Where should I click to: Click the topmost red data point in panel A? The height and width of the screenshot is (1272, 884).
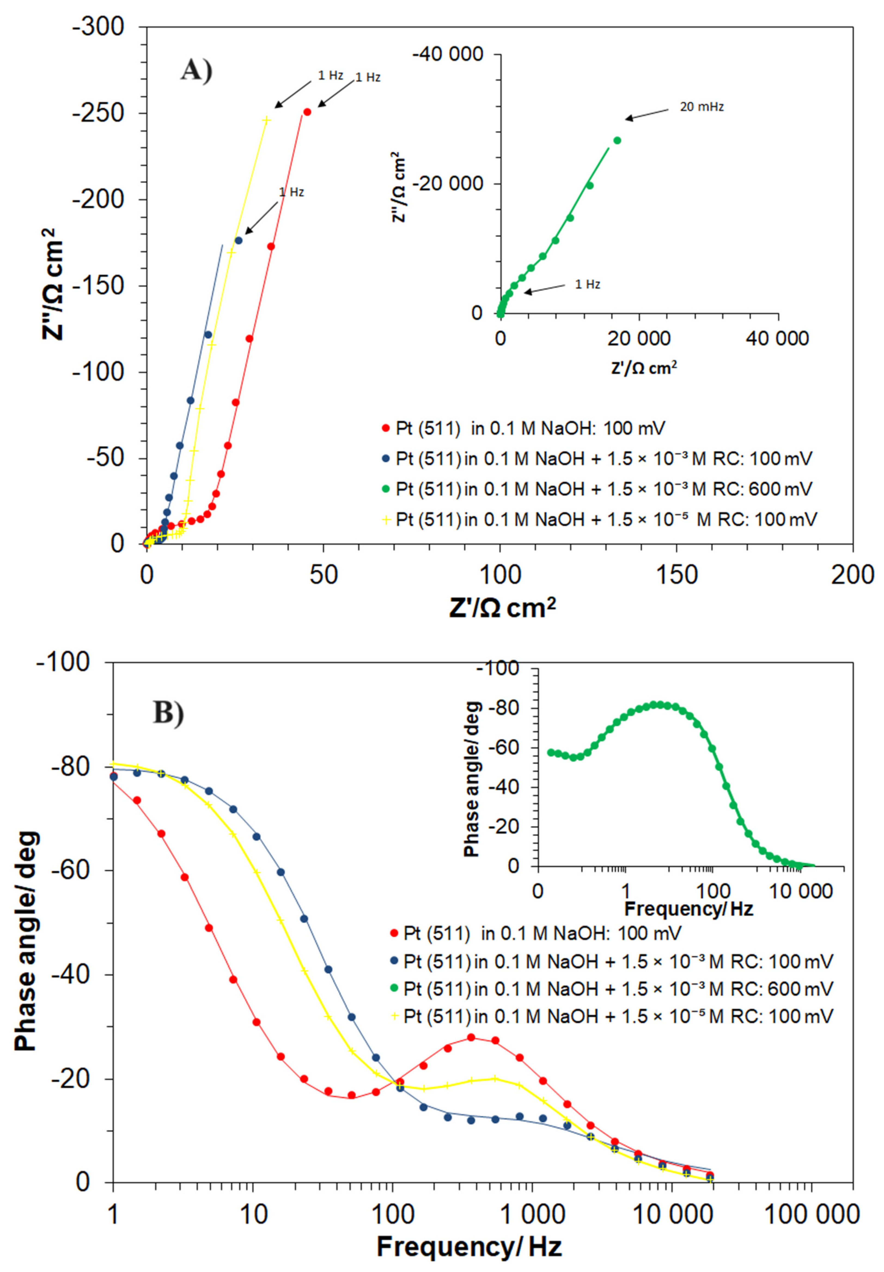tap(307, 112)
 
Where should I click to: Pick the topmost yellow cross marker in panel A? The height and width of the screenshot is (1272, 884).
tap(266, 120)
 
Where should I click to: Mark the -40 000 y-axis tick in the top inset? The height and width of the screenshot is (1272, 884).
tap(447, 54)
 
